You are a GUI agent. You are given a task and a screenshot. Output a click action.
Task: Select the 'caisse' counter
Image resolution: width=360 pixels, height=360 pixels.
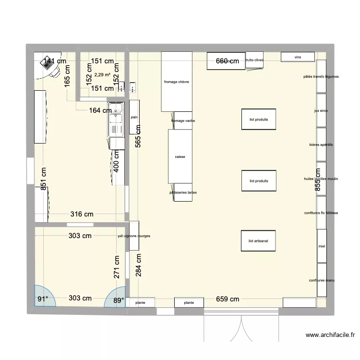[x=180, y=156]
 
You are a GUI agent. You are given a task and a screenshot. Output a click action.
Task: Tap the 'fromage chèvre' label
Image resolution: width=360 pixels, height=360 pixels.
[x=177, y=82]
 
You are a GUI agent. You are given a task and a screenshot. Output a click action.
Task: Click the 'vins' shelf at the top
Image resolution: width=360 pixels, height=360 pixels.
[x=298, y=57]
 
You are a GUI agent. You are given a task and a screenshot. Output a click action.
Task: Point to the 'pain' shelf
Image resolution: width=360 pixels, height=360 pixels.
[x=134, y=117]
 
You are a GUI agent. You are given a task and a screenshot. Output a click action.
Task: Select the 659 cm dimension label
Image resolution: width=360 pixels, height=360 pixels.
[x=228, y=299]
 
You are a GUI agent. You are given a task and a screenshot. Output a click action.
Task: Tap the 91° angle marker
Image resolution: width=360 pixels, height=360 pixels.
[x=43, y=299]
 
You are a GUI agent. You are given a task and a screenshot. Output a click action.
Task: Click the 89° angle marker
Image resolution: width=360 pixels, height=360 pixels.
[x=118, y=299]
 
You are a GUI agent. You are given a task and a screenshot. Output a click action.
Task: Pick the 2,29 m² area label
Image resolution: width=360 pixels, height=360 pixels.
[x=102, y=75]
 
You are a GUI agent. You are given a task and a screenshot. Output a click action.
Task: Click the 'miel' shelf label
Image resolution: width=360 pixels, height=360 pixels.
[x=322, y=246]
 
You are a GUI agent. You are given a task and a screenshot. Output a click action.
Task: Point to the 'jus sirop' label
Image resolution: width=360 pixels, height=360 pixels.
[x=321, y=110]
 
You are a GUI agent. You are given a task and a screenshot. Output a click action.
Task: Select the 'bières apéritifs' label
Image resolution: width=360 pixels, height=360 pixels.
[x=321, y=144]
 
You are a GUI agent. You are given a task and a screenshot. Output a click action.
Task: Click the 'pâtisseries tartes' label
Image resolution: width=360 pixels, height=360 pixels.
[x=183, y=192]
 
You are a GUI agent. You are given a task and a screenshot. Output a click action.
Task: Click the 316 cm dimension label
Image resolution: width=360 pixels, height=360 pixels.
[x=82, y=215]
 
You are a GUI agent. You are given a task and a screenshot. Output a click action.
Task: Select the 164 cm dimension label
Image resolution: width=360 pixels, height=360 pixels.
[x=100, y=110]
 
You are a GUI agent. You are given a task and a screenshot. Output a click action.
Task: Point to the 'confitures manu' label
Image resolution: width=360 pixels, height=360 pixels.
[x=322, y=280]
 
